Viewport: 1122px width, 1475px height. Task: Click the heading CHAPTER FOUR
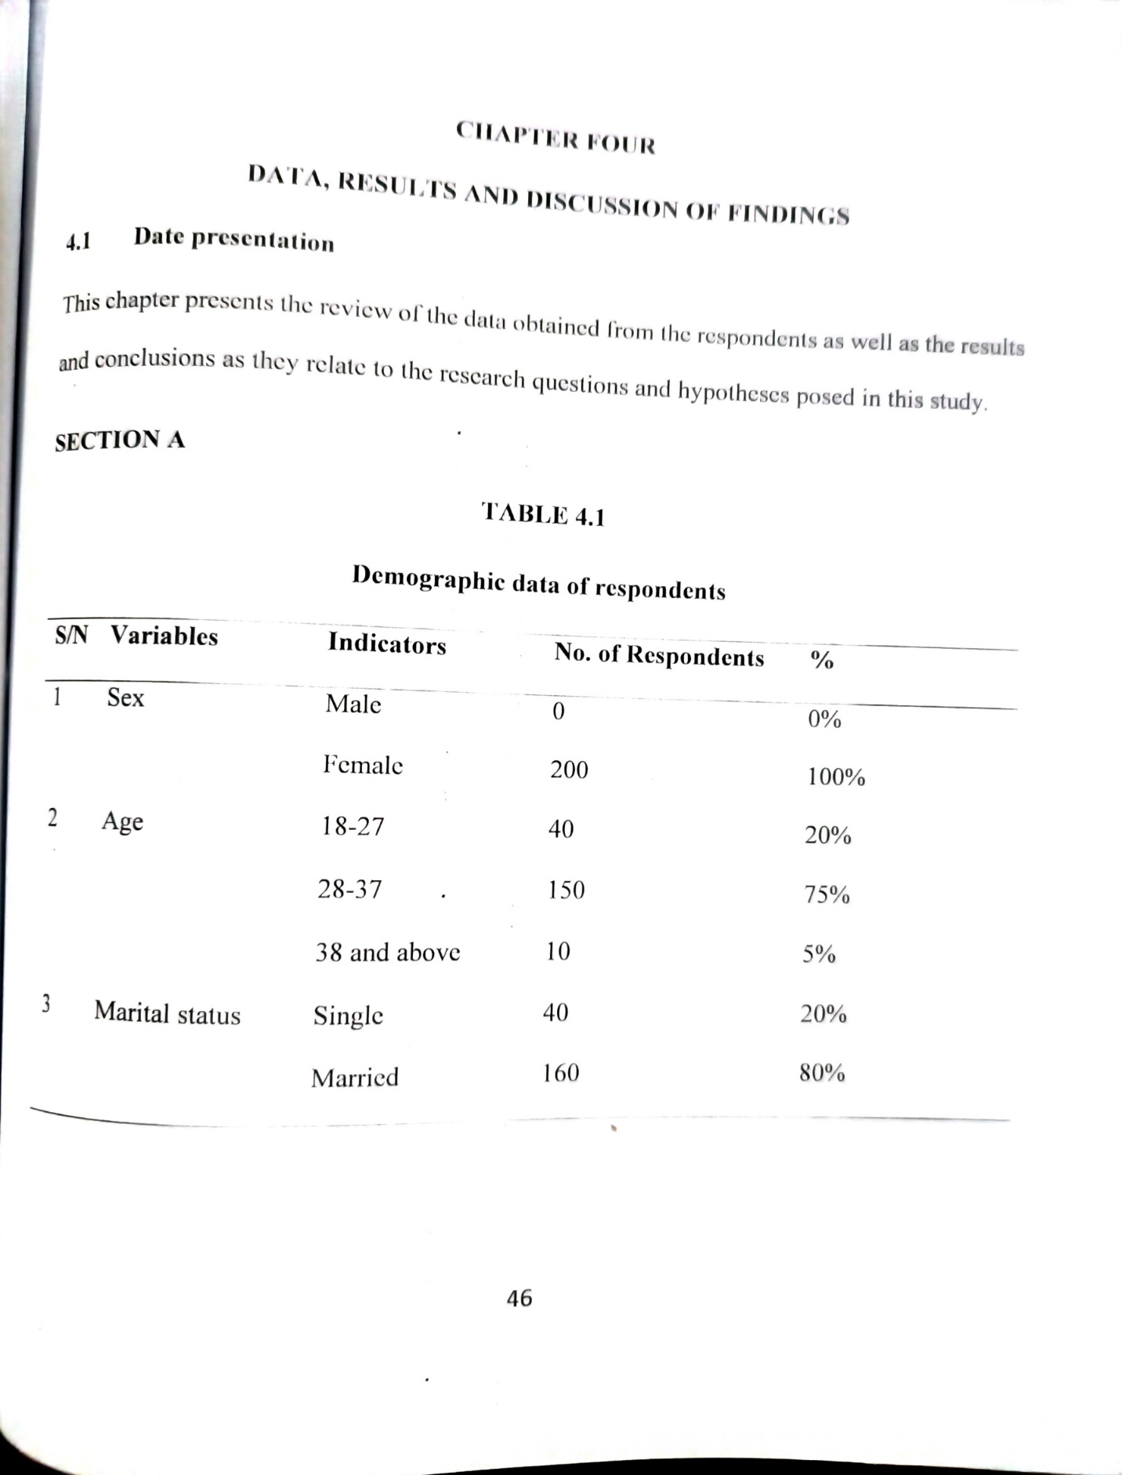tap(556, 137)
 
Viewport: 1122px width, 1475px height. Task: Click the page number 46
tap(519, 1299)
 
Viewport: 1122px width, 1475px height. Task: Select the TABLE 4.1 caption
tap(543, 514)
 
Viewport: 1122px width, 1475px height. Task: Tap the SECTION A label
tap(120, 440)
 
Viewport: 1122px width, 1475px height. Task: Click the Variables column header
tap(164, 636)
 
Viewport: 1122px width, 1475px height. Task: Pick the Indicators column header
tap(387, 643)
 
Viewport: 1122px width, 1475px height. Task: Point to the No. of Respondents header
tap(659, 654)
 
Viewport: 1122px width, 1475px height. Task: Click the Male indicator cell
tap(353, 704)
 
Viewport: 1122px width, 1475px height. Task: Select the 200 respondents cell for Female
tap(569, 770)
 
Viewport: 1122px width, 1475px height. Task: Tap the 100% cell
tap(836, 777)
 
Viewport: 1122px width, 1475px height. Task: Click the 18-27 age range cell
tap(353, 827)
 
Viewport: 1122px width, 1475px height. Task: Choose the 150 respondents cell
tap(566, 890)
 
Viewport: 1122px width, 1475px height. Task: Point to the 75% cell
tap(827, 894)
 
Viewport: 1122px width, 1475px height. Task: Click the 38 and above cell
tap(388, 953)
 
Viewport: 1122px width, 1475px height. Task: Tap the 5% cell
tap(819, 954)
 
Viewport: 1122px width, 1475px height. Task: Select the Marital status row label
tap(167, 1013)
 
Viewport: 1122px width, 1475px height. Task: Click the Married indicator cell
tap(355, 1078)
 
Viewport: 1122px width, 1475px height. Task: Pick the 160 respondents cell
tap(561, 1073)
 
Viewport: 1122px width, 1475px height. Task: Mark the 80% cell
tap(822, 1073)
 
